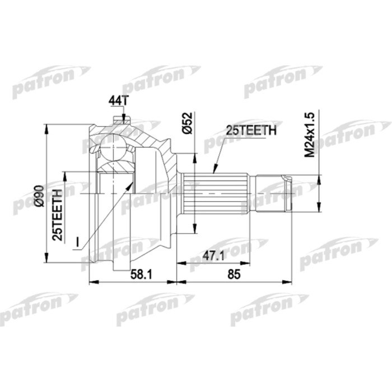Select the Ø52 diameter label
[188, 122]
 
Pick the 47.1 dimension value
[214, 255]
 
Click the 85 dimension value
[235, 274]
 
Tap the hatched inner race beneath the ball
[116, 167]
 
